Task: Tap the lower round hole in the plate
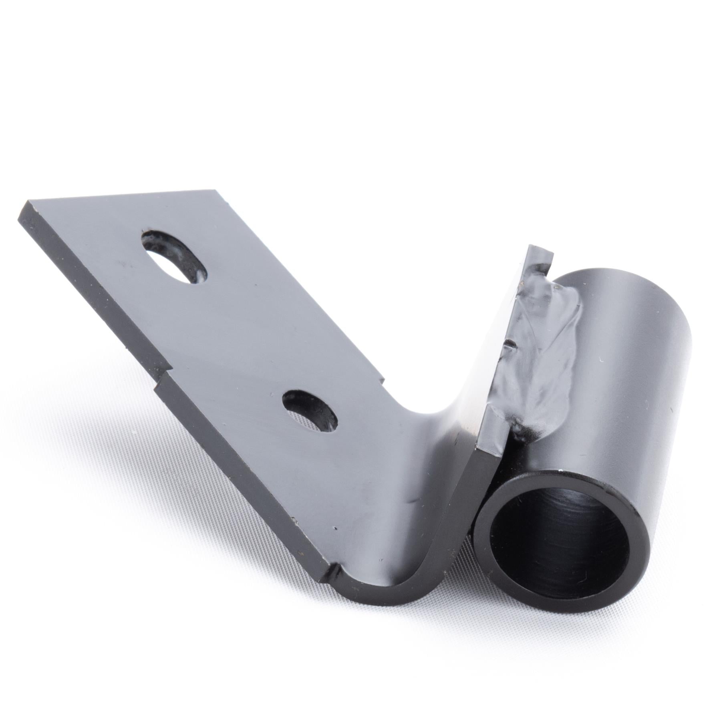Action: pos(309,411)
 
